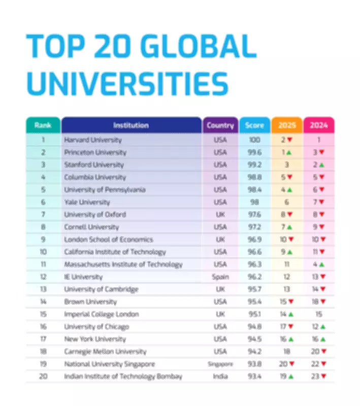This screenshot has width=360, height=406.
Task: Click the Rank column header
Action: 43,125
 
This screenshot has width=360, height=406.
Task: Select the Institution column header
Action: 131,125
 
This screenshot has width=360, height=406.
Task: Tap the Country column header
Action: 220,125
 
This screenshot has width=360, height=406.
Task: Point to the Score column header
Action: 254,125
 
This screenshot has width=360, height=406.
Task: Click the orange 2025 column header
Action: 287,125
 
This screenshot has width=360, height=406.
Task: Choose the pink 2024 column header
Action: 319,125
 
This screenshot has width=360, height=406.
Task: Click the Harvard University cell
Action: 93,140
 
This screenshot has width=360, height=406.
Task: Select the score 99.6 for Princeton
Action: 254,152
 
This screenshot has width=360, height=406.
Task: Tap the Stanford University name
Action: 93,164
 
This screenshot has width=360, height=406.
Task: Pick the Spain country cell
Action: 220,277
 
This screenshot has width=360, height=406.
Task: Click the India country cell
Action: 220,377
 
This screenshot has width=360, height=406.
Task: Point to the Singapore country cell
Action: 220,364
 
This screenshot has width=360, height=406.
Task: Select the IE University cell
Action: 83,277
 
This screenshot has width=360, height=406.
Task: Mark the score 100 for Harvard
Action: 254,140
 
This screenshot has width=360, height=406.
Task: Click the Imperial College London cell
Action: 102,314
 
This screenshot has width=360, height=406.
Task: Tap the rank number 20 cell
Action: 43,377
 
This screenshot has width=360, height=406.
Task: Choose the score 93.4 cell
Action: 254,377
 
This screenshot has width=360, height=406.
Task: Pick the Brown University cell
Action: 91,302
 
